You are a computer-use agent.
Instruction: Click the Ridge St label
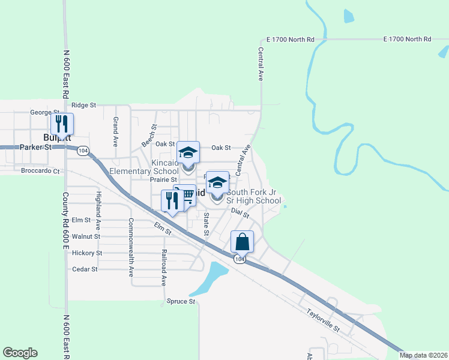point(84,105)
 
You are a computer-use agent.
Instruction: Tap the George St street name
point(44,112)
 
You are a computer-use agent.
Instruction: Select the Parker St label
point(32,147)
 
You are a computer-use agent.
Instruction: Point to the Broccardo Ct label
point(41,171)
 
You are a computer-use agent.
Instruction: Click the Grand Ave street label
point(115,132)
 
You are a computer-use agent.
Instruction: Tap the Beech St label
point(149,136)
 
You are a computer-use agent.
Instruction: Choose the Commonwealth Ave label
point(131,247)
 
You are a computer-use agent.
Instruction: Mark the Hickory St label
point(87,253)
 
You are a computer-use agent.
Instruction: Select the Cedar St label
point(85,269)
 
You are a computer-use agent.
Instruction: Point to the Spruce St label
point(181,301)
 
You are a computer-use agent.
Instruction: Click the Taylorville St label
point(323,321)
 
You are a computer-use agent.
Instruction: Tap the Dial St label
point(240,213)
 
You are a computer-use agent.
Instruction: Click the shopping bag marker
point(243,242)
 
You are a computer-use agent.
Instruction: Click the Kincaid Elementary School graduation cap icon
point(188,152)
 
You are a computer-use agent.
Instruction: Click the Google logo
point(20,353)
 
